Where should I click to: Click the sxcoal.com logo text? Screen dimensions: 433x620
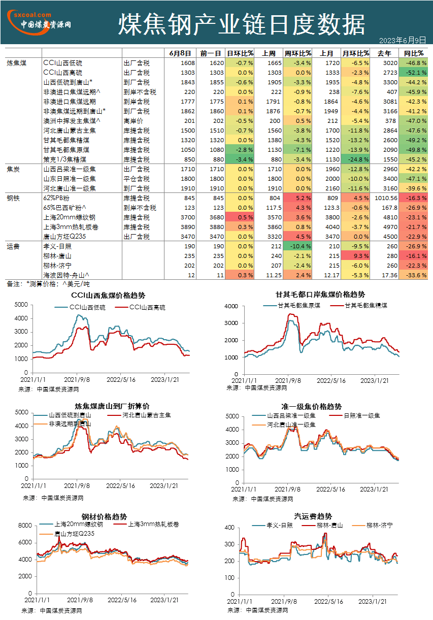coord(32,15)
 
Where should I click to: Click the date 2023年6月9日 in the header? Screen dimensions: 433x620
coord(402,41)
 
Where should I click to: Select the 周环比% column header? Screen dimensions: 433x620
coord(297,53)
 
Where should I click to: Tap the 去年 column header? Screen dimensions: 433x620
coord(384,53)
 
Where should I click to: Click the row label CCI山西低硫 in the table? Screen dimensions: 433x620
coord(62,63)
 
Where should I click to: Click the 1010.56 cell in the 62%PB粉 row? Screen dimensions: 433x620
coord(386,198)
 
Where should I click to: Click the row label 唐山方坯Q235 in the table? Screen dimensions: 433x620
coord(64,237)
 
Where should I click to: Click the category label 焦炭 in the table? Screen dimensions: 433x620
coord(13,169)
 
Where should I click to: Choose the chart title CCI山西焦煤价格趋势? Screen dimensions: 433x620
coord(108,296)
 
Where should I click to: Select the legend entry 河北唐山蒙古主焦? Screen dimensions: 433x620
coord(139,415)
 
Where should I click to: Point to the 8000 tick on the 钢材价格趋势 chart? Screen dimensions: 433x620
coord(25,526)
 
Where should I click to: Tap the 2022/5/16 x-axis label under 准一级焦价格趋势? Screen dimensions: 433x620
coord(330,490)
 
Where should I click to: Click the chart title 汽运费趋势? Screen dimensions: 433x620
coord(313,516)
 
